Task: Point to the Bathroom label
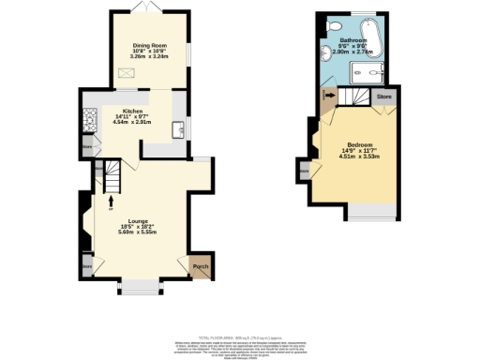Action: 352,40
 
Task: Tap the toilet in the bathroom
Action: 335,25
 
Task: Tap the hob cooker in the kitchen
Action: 90,119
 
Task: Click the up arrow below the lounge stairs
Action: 112,199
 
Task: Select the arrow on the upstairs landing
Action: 326,96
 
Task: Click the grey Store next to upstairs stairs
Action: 383,96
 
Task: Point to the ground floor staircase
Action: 112,173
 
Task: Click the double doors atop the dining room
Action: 145,7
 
